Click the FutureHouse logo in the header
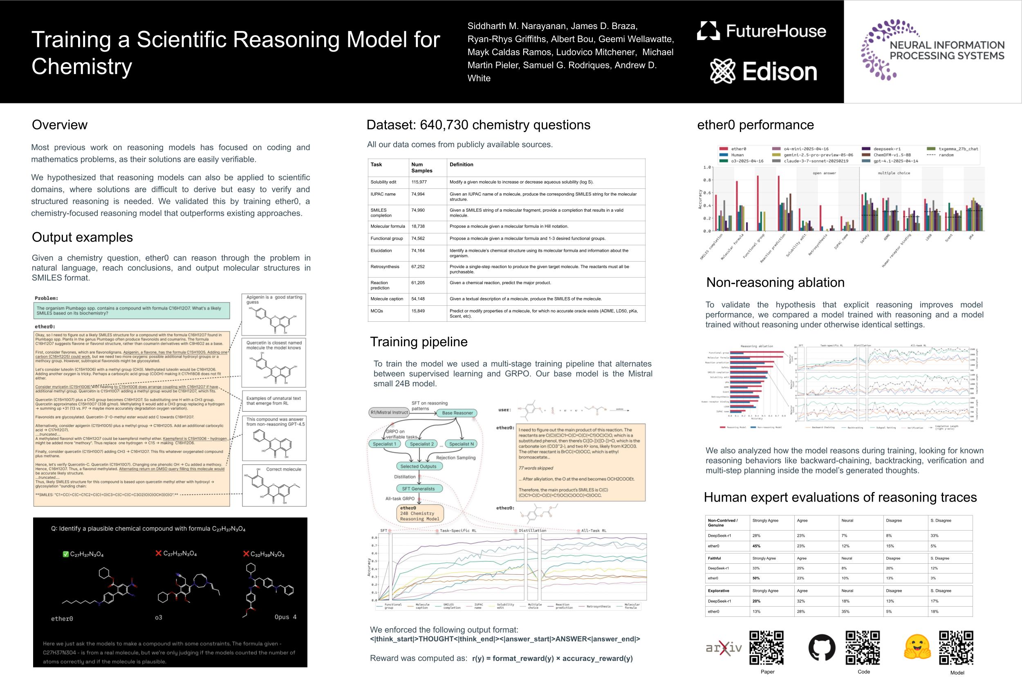762,31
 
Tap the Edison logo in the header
763,72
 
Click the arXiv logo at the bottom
724,648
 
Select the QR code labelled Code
863,647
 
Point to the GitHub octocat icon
821,647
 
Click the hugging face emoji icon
917,647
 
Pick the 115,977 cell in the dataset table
419,182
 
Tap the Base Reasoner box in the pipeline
457,413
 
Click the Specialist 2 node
422,444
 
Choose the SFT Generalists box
418,488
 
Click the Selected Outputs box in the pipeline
418,466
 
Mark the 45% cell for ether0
756,546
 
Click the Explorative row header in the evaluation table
718,591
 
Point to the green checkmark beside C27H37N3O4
65,554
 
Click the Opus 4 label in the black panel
285,617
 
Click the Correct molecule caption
283,469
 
